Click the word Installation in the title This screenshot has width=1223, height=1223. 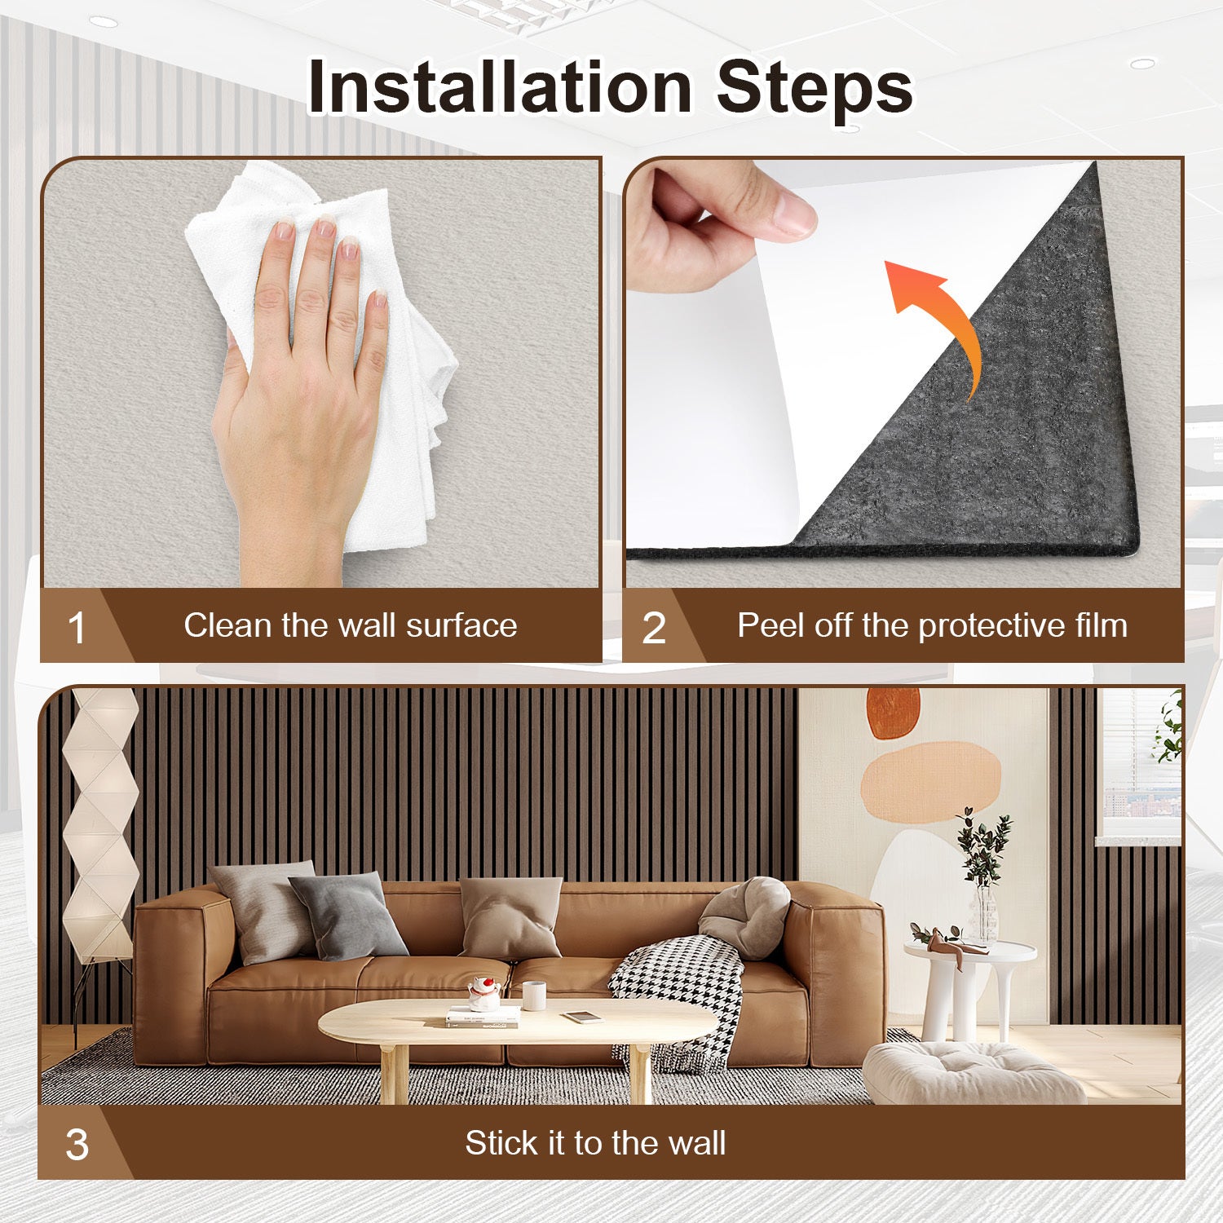500,87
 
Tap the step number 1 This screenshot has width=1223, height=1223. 77,629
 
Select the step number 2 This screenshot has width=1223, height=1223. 654,629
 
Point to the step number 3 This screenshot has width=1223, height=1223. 77,1145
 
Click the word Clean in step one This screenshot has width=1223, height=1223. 227,625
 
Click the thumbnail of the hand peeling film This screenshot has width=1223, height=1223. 903,372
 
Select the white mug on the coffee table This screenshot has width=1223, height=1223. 534,996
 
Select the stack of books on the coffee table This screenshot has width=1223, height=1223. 483,1016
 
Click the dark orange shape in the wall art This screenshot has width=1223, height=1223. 893,713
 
